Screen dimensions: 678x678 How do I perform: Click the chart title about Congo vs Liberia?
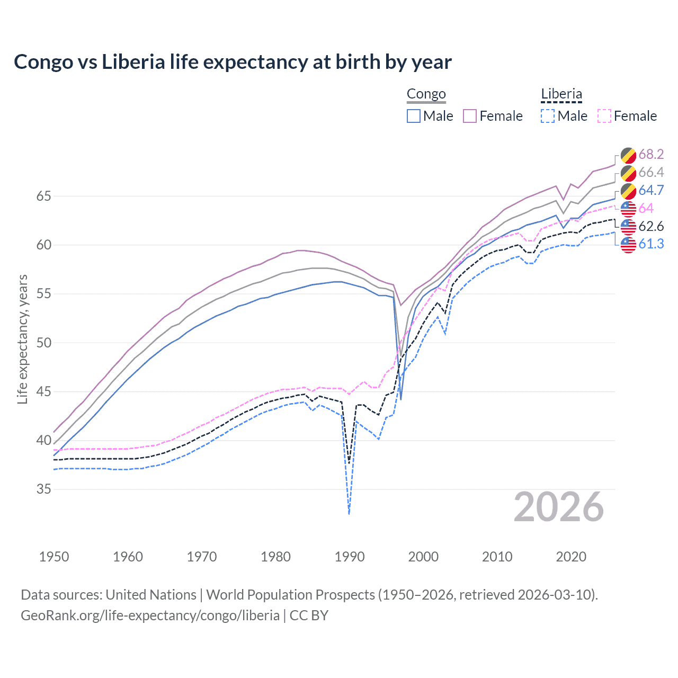pos(233,62)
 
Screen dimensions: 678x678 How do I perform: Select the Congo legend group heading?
pos(426,94)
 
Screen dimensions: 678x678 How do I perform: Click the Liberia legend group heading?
pos(561,94)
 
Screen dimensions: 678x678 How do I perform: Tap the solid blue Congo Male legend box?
pos(414,116)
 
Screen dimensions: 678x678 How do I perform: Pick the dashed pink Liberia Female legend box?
pos(604,116)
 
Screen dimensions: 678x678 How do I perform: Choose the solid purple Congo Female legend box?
pos(470,116)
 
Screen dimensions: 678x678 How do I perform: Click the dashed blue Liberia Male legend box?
pos(548,116)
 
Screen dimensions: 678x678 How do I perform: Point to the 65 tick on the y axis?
pos(43,196)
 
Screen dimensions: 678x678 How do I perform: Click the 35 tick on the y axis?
pos(43,489)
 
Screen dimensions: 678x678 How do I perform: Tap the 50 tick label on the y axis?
pos(43,343)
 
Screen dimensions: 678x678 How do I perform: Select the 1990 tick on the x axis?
pos(350,557)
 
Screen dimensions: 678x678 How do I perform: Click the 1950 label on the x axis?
pos(54,557)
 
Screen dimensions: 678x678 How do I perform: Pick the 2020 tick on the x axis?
pos(571,557)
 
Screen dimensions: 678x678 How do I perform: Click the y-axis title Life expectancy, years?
pos(22,339)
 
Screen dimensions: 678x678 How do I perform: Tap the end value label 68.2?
pos(651,154)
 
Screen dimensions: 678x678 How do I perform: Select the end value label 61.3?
pos(651,244)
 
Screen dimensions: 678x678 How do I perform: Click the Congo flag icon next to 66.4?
pos(628,173)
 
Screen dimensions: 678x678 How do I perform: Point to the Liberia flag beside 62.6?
pos(628,227)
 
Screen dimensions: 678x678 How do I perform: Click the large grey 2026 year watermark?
pos(558,507)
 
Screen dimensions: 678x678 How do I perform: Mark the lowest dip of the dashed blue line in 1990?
pos(349,513)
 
